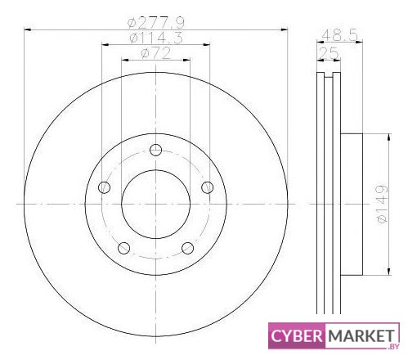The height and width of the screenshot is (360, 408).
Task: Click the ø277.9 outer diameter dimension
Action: pos(156,23)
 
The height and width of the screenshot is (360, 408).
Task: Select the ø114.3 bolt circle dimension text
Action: pos(156,38)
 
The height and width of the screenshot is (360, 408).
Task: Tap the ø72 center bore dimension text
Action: pos(156,53)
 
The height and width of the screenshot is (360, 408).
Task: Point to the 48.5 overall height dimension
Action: pos(339,35)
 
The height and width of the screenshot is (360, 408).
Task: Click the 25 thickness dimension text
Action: pos(329,52)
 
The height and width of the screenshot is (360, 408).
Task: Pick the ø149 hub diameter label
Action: pos(381,204)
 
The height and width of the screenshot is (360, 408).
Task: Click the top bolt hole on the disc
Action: pos(155,150)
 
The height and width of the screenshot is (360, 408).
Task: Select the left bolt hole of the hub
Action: pos(104,187)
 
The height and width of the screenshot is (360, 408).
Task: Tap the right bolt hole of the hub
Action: pos(208,187)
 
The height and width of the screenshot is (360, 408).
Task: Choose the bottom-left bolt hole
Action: pos(123,248)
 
